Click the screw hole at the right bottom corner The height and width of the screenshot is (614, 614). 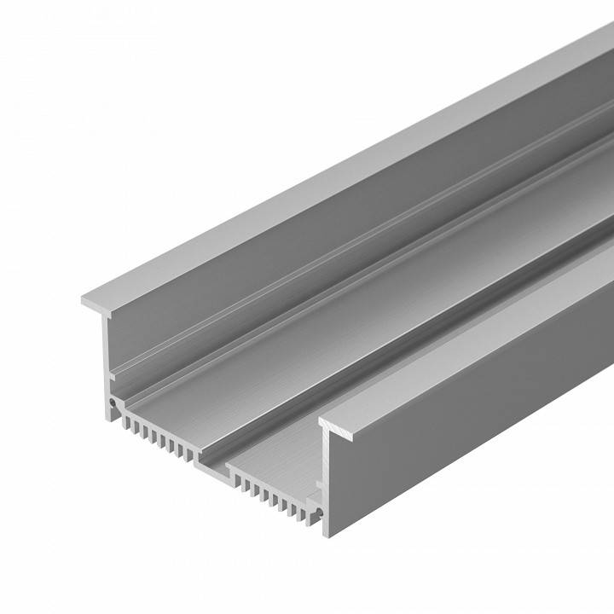319,511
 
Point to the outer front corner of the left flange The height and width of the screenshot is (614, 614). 83,300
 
